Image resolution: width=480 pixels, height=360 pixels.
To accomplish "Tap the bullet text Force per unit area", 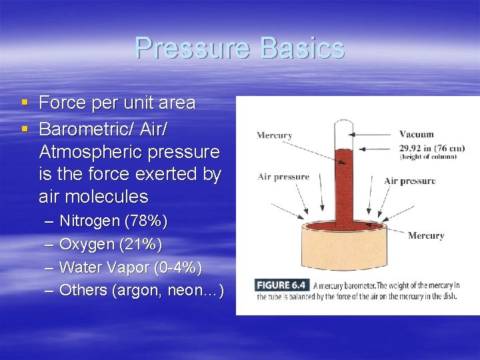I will [117, 103].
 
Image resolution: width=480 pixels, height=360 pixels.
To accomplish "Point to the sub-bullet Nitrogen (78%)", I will [113, 220].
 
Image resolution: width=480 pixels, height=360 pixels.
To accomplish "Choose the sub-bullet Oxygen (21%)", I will [110, 243].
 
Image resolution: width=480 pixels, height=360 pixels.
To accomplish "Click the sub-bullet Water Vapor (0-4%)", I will [130, 267].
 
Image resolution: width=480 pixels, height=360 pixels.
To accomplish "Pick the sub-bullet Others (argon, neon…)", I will [141, 290].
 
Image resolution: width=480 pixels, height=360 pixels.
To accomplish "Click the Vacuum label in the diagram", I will [416, 134].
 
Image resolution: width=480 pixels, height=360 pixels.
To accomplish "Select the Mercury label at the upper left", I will [275, 135].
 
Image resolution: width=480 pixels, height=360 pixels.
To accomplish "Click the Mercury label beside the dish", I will [425, 235].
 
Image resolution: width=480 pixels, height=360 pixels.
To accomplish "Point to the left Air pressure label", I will [283, 177].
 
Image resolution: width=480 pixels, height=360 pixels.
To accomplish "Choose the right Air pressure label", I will [409, 181].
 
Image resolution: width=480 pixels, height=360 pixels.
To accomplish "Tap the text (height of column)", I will [427, 157].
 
